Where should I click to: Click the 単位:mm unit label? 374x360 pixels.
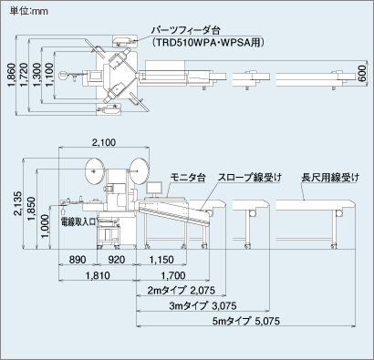[x=29, y=11]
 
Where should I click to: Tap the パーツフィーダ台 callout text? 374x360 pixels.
[x=186, y=30]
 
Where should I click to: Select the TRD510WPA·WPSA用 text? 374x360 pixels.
[x=208, y=43]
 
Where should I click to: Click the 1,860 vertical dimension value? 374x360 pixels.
[x=11, y=75]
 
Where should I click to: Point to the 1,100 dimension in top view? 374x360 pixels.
[x=49, y=75]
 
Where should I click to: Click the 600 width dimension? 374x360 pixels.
[x=361, y=73]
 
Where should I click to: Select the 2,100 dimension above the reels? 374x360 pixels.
[x=104, y=142]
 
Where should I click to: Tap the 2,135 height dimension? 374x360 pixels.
[x=17, y=203]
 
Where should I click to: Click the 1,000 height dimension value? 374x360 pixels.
[x=45, y=227]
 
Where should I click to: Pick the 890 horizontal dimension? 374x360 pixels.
[x=78, y=260]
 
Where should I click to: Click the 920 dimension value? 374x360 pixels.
[x=117, y=260]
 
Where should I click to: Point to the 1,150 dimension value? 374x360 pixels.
[x=161, y=260]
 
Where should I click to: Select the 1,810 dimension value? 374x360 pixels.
[x=98, y=275]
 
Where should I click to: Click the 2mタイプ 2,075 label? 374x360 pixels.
[x=182, y=291]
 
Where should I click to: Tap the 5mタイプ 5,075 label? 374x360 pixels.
[x=246, y=321]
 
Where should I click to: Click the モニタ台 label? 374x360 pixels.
[x=188, y=178]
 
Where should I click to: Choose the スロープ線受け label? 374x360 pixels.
[x=249, y=178]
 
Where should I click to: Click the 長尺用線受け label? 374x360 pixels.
[x=330, y=178]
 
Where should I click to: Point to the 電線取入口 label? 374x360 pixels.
[x=78, y=221]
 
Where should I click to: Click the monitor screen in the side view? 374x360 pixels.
[x=154, y=188]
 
